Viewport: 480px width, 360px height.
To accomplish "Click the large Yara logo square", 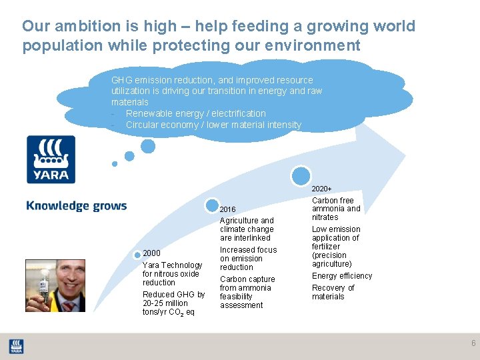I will (51, 159).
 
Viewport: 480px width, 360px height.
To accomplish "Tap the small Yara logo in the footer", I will (16, 346).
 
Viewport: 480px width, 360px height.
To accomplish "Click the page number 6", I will (473, 343).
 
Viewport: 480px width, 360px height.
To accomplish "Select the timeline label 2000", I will (152, 253).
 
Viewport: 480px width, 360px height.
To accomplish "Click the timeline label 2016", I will (227, 209).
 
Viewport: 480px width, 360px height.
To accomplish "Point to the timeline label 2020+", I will (321, 189).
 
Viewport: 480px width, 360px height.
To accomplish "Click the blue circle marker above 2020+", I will (301, 175).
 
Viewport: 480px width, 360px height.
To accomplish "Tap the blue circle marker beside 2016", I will (212, 207).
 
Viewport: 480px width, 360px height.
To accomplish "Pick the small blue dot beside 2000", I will (137, 254).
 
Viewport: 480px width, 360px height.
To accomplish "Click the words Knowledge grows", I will (76, 205).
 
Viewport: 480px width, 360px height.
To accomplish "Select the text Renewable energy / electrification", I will (195, 113).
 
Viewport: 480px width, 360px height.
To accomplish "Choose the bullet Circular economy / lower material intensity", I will (213, 125).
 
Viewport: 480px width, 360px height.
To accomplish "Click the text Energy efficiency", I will (342, 276).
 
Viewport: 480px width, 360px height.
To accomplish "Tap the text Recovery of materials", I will (333, 292).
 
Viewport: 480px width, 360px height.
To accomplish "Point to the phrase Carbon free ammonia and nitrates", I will (336, 209).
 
